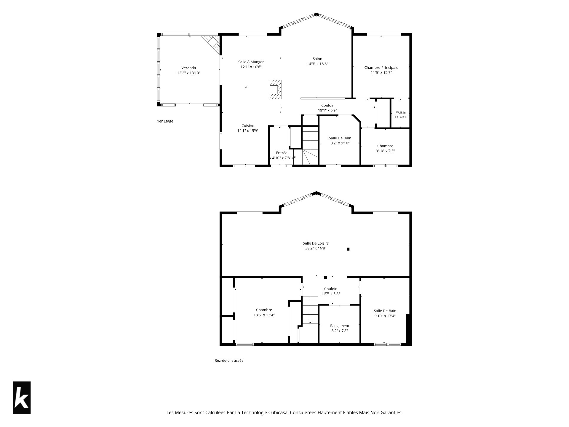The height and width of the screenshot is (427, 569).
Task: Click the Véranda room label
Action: tap(189, 68)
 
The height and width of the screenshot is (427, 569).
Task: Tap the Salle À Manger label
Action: tap(251, 62)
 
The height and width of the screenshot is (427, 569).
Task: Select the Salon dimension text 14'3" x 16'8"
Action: tap(317, 64)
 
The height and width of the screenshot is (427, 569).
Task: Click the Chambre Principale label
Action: tap(381, 68)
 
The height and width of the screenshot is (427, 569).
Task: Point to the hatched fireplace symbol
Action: tap(276, 90)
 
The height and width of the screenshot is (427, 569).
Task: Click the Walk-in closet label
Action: tap(401, 113)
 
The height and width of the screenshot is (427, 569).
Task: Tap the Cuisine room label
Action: tap(248, 126)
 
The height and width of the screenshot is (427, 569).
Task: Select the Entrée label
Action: tap(282, 153)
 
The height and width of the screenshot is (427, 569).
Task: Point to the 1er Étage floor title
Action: tap(165, 121)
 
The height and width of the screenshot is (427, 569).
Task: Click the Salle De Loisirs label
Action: tap(316, 243)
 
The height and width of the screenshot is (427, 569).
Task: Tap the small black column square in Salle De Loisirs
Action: tap(348, 249)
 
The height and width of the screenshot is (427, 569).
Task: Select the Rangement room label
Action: tap(340, 326)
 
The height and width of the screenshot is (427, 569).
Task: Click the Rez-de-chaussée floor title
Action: tap(229, 361)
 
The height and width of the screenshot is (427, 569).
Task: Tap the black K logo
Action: tap(22, 398)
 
